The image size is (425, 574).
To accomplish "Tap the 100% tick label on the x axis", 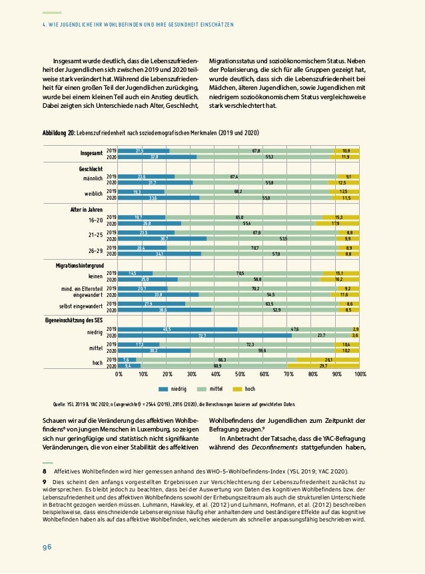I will click(360, 376).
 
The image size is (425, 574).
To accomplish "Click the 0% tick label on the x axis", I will click(119, 376).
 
